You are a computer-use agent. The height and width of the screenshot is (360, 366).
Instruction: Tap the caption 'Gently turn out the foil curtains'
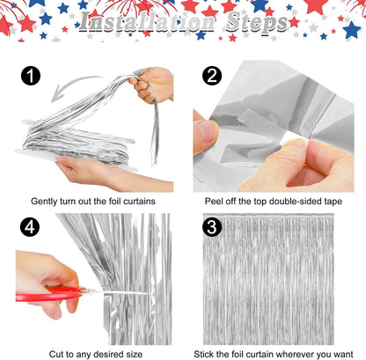94,201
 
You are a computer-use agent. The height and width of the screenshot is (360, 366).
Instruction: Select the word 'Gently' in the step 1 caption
46,201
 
